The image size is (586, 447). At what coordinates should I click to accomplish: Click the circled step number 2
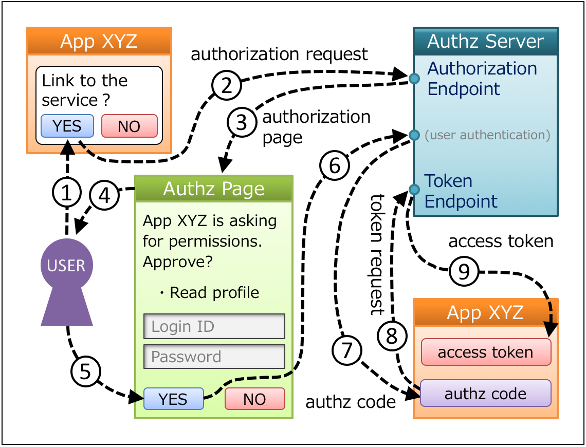[227, 85]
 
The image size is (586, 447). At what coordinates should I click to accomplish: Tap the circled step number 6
[334, 165]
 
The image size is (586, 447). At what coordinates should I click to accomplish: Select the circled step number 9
[464, 271]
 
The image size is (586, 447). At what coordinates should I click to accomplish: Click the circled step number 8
[392, 337]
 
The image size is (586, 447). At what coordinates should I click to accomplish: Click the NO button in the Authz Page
[254, 399]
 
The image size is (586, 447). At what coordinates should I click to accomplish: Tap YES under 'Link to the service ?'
[67, 126]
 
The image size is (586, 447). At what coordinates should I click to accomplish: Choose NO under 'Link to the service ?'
[129, 126]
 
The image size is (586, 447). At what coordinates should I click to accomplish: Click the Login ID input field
[214, 326]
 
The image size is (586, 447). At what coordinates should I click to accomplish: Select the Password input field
[214, 357]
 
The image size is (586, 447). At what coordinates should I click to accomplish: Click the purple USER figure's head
[67, 265]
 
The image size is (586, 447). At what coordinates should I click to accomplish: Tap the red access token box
[486, 352]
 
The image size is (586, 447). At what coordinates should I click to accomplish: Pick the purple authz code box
[486, 394]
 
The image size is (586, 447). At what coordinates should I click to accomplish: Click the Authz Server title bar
[486, 42]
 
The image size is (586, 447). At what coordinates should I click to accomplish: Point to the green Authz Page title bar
[214, 189]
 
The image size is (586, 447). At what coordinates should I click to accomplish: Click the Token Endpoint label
[461, 191]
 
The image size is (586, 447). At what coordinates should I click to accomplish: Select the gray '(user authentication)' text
[487, 135]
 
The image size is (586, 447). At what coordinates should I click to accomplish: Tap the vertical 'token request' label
[378, 254]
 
